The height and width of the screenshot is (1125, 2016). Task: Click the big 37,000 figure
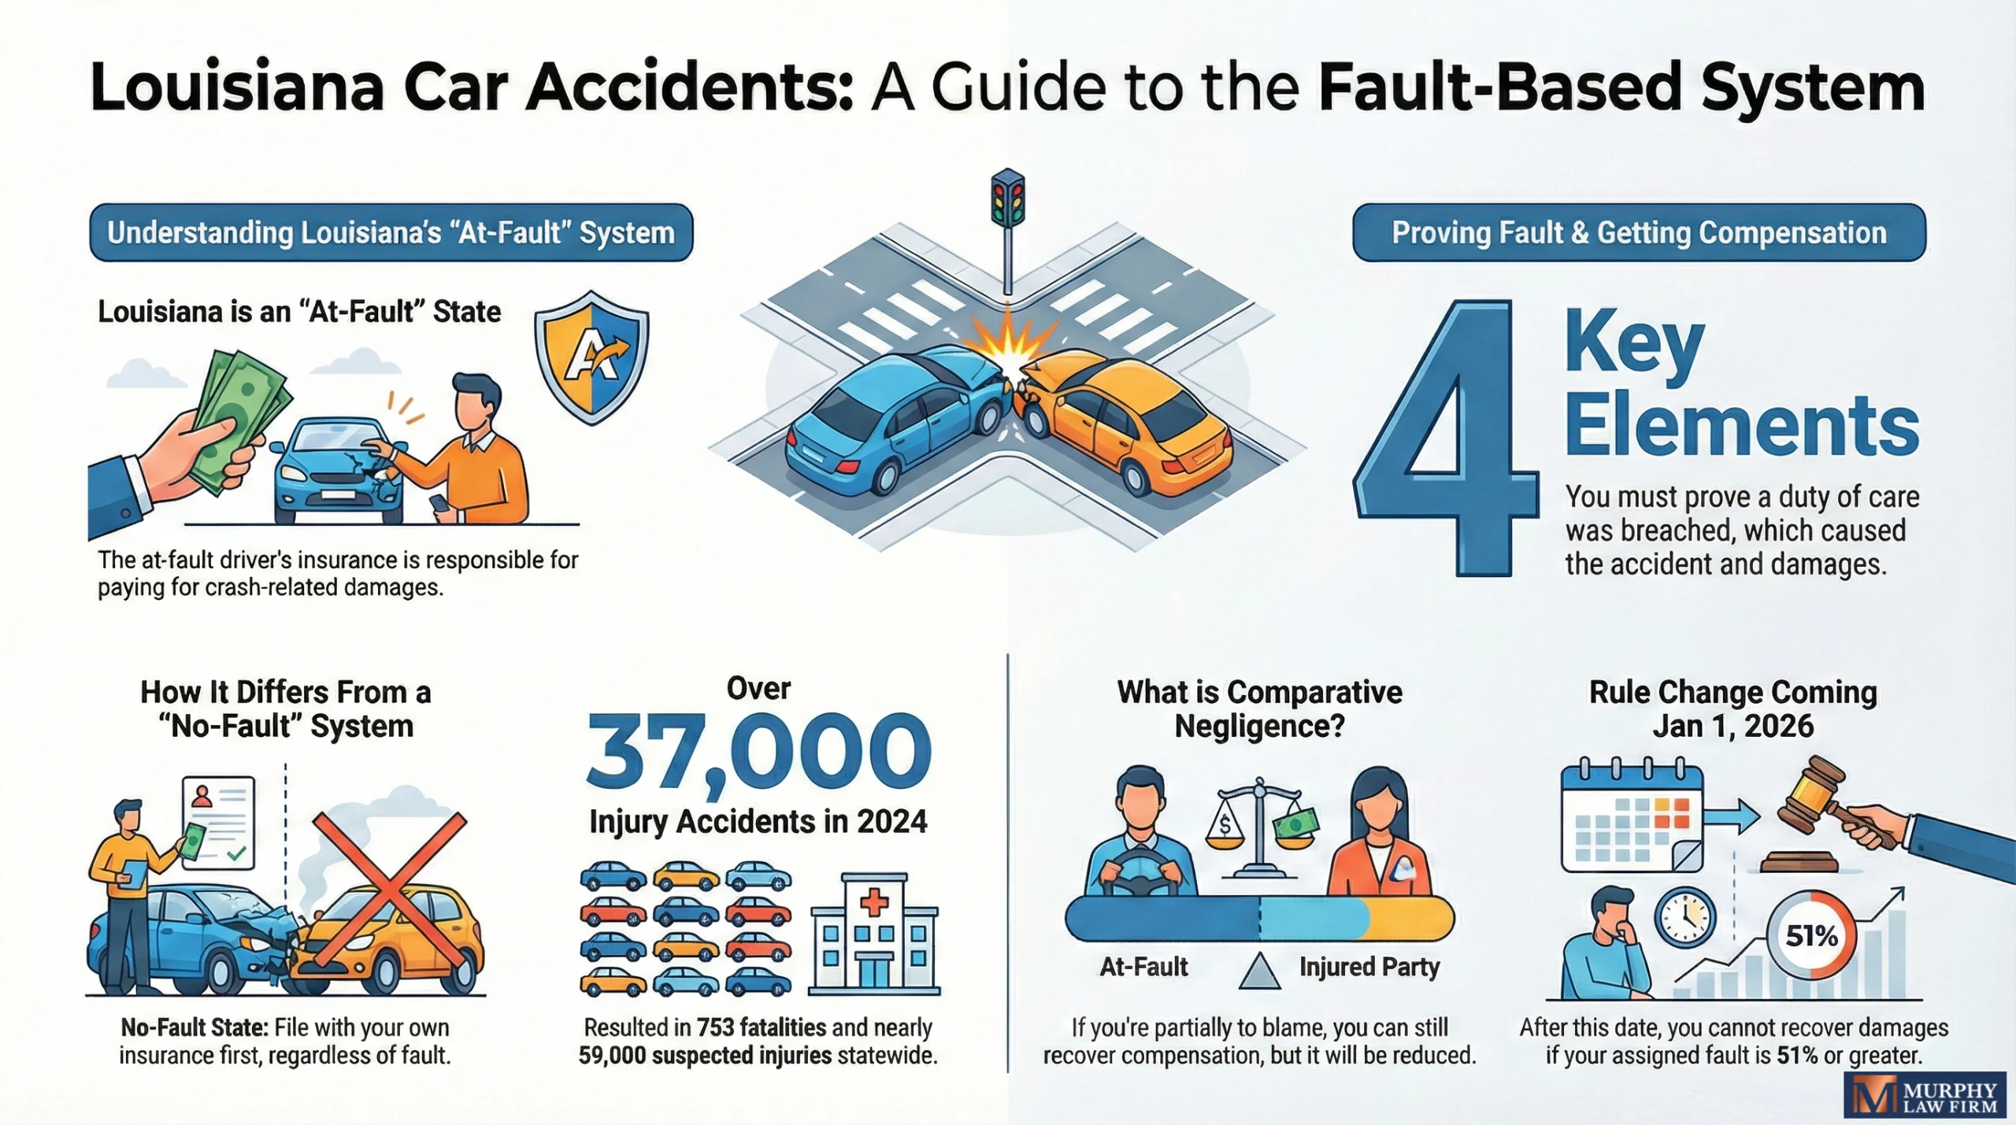(758, 753)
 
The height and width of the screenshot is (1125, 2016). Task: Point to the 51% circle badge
(1811, 935)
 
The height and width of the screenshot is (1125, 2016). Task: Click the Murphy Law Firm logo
(1925, 1095)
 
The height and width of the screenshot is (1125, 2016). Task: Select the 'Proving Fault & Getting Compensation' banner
(1639, 233)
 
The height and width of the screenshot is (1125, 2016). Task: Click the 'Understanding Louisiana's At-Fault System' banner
(391, 233)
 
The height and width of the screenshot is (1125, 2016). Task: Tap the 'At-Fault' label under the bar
(1143, 967)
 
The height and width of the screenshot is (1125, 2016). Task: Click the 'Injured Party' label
(1369, 967)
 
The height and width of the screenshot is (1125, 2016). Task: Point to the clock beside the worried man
(1684, 918)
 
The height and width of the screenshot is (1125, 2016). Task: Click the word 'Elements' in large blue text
(1741, 425)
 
